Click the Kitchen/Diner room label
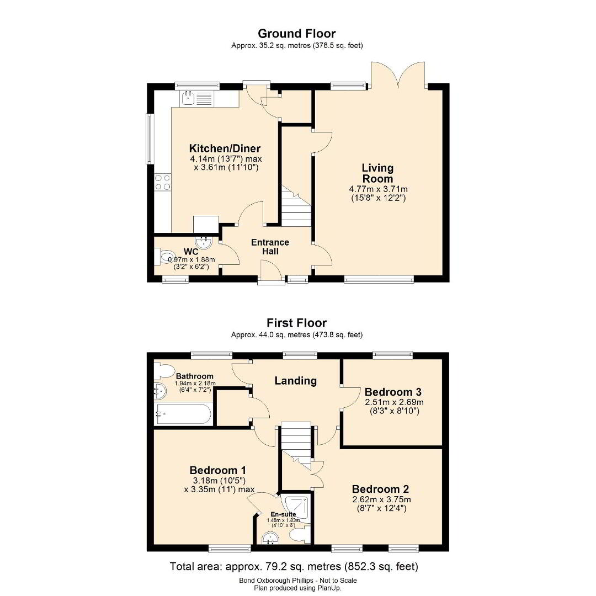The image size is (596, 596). tap(225, 148)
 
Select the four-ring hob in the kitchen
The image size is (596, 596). tap(163, 182)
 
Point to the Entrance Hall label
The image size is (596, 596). tap(270, 247)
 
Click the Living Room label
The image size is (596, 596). tap(377, 173)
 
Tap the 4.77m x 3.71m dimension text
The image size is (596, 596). tap(378, 189)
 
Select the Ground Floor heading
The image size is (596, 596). tap(297, 34)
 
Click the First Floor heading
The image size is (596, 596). tap(296, 323)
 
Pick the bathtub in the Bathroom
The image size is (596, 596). tap(184, 414)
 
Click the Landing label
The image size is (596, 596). tap(296, 380)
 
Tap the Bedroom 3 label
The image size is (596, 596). tap(393, 392)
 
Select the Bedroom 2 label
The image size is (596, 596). tap(381, 489)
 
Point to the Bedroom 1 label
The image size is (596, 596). tap(218, 470)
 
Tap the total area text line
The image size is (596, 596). tap(294, 567)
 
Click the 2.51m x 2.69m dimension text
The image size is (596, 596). tap(394, 402)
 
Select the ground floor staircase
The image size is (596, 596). tap(296, 206)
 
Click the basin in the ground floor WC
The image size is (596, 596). tap(203, 242)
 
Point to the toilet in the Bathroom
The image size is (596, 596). tap(164, 370)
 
